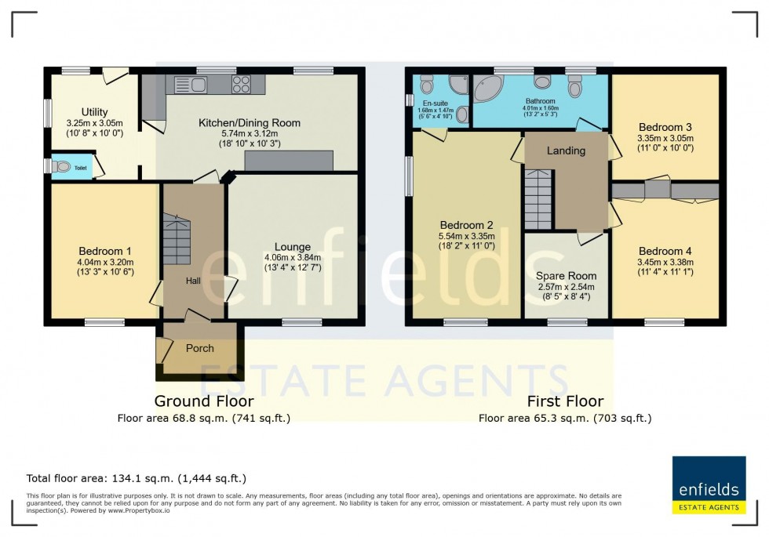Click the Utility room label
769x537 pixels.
tap(94, 112)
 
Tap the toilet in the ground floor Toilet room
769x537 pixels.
tap(61, 167)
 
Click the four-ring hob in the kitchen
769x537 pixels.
tap(241, 84)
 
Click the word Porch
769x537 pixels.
tap(199, 348)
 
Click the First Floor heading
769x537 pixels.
tap(565, 401)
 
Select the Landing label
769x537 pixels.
tap(566, 151)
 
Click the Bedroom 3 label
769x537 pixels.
tap(665, 127)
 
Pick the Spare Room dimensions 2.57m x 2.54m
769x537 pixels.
tap(565, 287)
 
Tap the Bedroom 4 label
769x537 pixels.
tap(665, 251)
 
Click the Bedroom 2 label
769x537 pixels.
tap(465, 223)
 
